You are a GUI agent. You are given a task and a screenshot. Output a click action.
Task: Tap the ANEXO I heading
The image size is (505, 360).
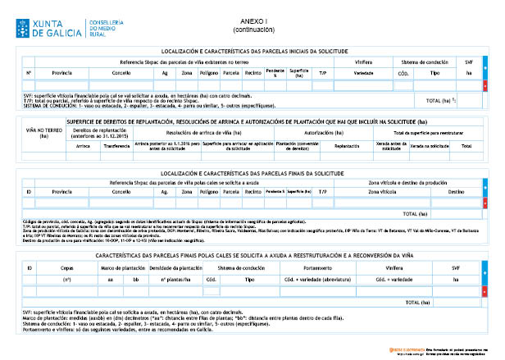pyautogui.click(x=253, y=21)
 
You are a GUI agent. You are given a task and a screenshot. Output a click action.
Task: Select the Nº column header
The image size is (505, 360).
pyautogui.click(x=29, y=72)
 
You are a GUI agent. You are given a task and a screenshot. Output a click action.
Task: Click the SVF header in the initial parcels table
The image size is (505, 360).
pyautogui.click(x=469, y=62)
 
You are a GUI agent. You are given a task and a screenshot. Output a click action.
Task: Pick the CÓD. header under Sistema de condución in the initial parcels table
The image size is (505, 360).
pyautogui.click(x=403, y=72)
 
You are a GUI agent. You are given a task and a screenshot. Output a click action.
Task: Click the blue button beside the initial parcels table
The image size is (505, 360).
pyautogui.click(x=485, y=72)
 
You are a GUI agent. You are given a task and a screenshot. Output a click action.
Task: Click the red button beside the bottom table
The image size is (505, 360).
pyautogui.click(x=485, y=291)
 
